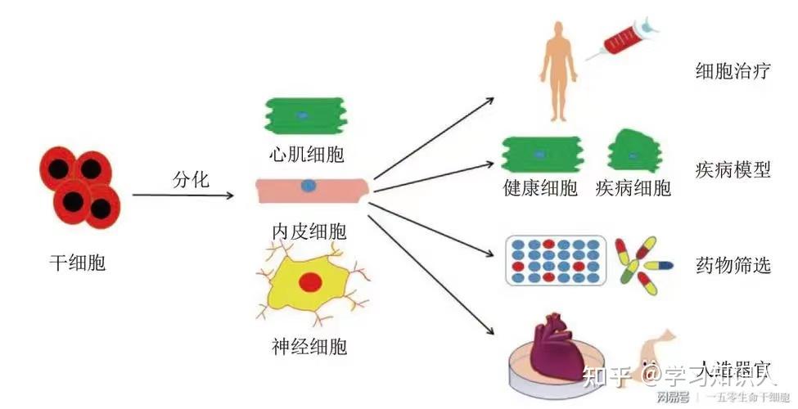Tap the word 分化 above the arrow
point(192,179)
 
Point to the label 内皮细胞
point(308,231)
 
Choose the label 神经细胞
point(308,346)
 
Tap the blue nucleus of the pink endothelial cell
point(308,185)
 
